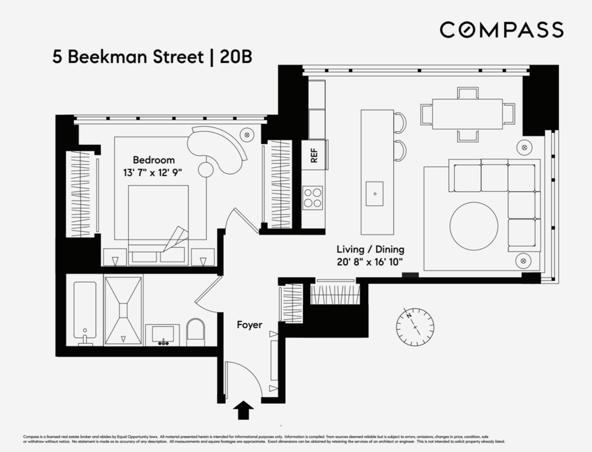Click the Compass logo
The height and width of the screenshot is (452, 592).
pos(501,30)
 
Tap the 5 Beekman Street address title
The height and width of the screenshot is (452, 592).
pos(152,57)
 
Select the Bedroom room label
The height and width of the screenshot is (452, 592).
pos(153,160)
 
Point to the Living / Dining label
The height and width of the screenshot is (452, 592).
pos(370,249)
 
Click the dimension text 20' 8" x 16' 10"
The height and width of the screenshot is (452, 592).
pos(370,262)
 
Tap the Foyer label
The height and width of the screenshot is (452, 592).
pos(249,325)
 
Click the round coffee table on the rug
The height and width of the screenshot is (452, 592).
pos(474,226)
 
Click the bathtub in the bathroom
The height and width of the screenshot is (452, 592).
pos(84,311)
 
